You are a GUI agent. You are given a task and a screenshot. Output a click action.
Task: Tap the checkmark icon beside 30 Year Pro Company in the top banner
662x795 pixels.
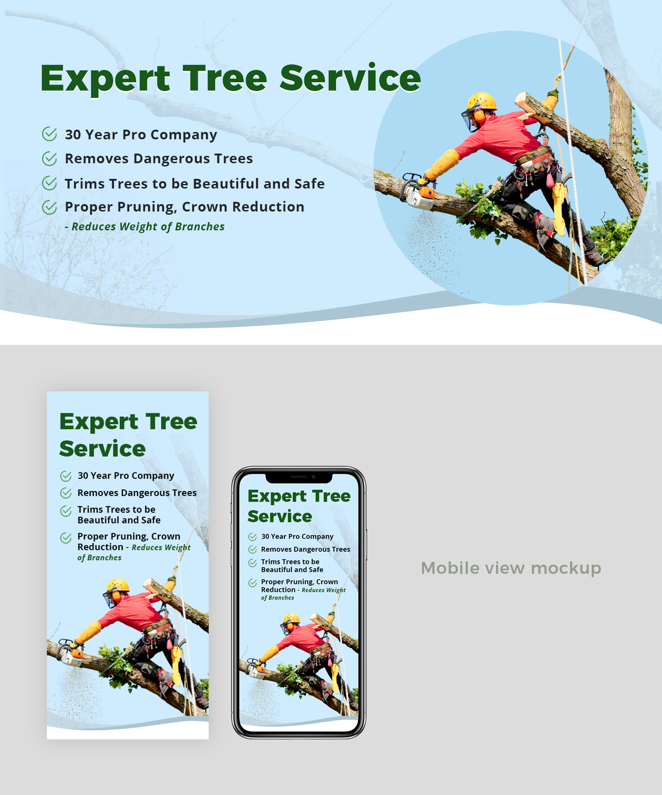click(49, 134)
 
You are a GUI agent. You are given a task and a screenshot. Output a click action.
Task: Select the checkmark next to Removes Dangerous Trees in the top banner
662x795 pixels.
click(49, 159)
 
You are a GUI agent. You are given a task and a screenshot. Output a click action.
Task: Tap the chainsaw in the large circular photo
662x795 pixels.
click(418, 192)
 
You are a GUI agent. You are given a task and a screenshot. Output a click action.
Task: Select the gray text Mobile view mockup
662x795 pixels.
click(511, 568)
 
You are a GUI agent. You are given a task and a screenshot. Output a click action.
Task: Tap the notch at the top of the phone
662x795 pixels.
click(299, 478)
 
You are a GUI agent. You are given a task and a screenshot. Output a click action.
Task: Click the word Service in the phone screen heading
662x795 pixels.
click(280, 516)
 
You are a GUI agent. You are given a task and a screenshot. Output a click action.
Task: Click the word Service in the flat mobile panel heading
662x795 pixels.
click(103, 449)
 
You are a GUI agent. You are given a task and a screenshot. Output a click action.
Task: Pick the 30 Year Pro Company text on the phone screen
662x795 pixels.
click(297, 537)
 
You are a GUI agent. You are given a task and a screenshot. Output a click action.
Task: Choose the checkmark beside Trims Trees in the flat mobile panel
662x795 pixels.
click(66, 511)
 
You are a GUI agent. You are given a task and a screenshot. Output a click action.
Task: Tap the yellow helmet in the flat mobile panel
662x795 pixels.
click(118, 585)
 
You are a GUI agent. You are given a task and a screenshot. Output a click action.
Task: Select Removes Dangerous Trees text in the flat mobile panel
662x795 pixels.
click(137, 493)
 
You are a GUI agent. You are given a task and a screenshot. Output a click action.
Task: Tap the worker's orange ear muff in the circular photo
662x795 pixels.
click(479, 115)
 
